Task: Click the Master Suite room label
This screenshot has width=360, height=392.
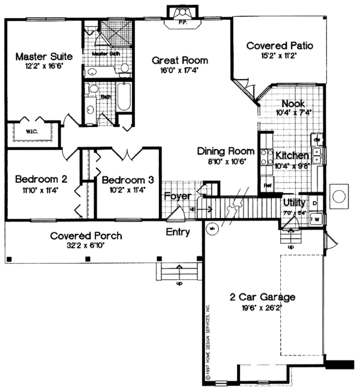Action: click(44, 56)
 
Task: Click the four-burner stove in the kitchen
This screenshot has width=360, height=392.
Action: click(264, 158)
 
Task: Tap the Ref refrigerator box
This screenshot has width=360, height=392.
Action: click(268, 186)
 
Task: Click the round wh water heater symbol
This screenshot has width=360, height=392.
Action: click(212, 228)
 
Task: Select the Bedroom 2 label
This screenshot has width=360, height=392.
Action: click(40, 179)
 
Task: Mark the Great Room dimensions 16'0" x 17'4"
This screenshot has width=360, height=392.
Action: click(179, 71)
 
